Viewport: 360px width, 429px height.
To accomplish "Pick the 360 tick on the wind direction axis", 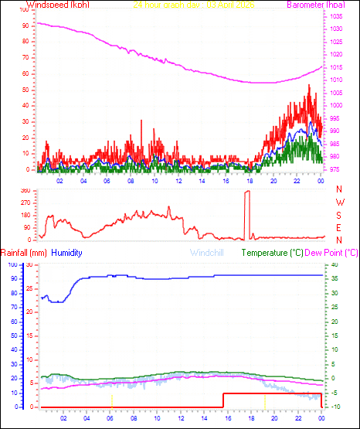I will (x=24, y=190).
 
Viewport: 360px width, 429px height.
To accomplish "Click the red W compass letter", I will (x=339, y=202).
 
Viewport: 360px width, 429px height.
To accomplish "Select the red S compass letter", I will (x=339, y=214).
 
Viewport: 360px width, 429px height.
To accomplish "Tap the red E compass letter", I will (x=339, y=227).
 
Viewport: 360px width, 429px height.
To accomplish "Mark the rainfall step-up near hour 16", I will (x=223, y=394).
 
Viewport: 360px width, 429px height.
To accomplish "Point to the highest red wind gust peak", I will (x=309, y=85).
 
